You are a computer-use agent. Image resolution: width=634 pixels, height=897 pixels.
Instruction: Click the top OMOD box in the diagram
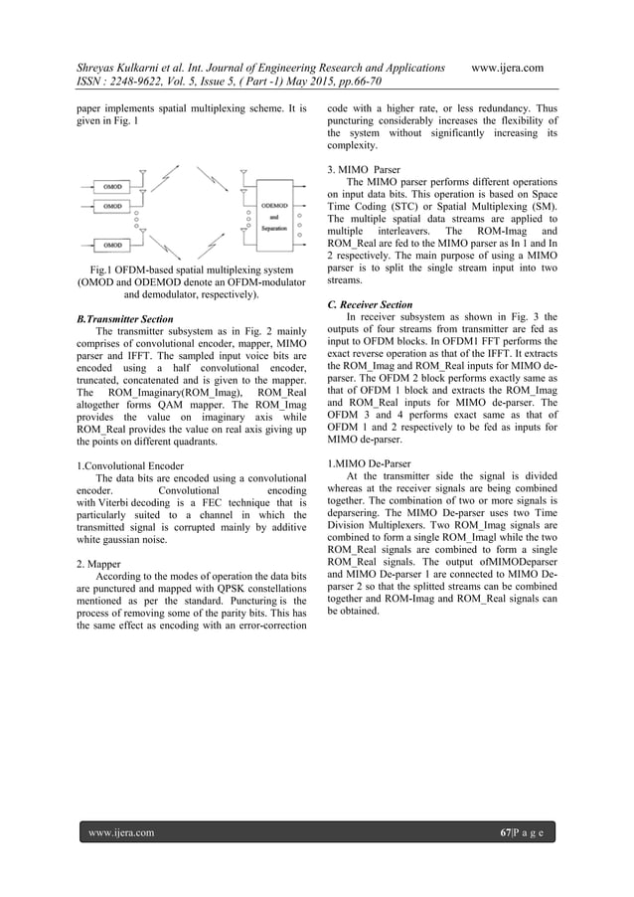click(109, 185)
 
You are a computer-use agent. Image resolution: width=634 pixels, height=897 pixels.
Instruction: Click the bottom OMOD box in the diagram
click(109, 243)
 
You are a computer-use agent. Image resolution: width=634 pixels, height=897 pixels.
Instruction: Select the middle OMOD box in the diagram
click(109, 206)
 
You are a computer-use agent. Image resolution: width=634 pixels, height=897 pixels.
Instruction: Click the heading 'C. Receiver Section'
click(370, 304)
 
